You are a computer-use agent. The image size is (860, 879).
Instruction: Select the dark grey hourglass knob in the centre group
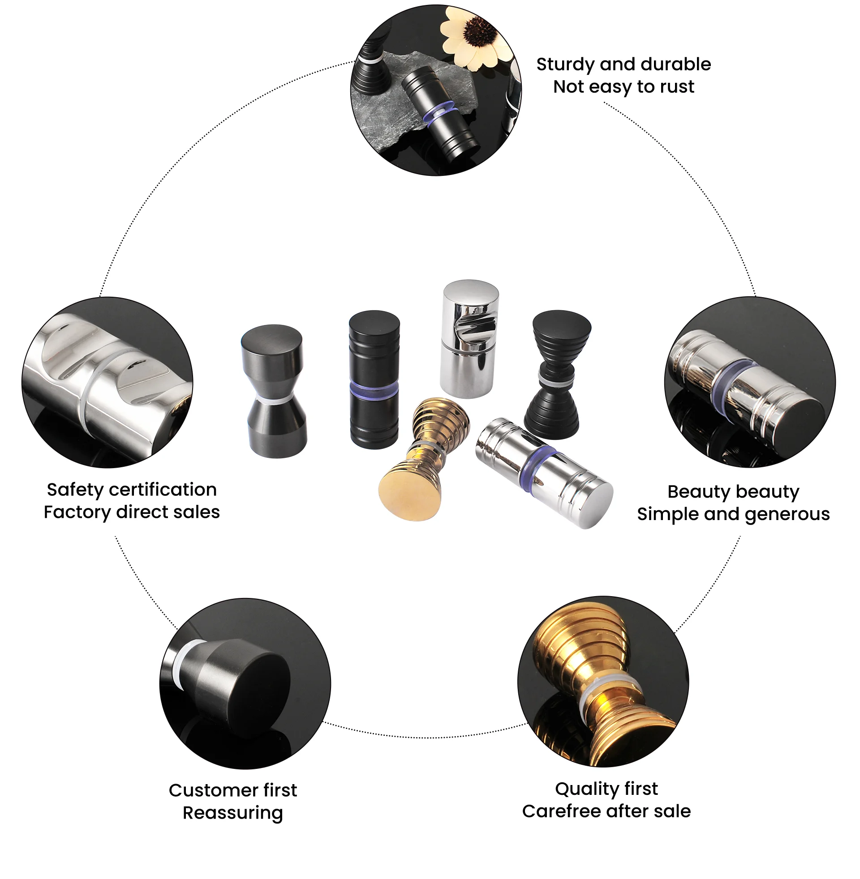pyautogui.click(x=274, y=390)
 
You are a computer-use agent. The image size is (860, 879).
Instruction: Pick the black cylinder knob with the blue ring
pyautogui.click(x=374, y=379)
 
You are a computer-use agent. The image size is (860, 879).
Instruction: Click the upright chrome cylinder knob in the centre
pyautogui.click(x=469, y=338)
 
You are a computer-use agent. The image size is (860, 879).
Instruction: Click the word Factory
pyautogui.click(x=77, y=512)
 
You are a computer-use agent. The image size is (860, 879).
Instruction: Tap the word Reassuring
pyautogui.click(x=232, y=813)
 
